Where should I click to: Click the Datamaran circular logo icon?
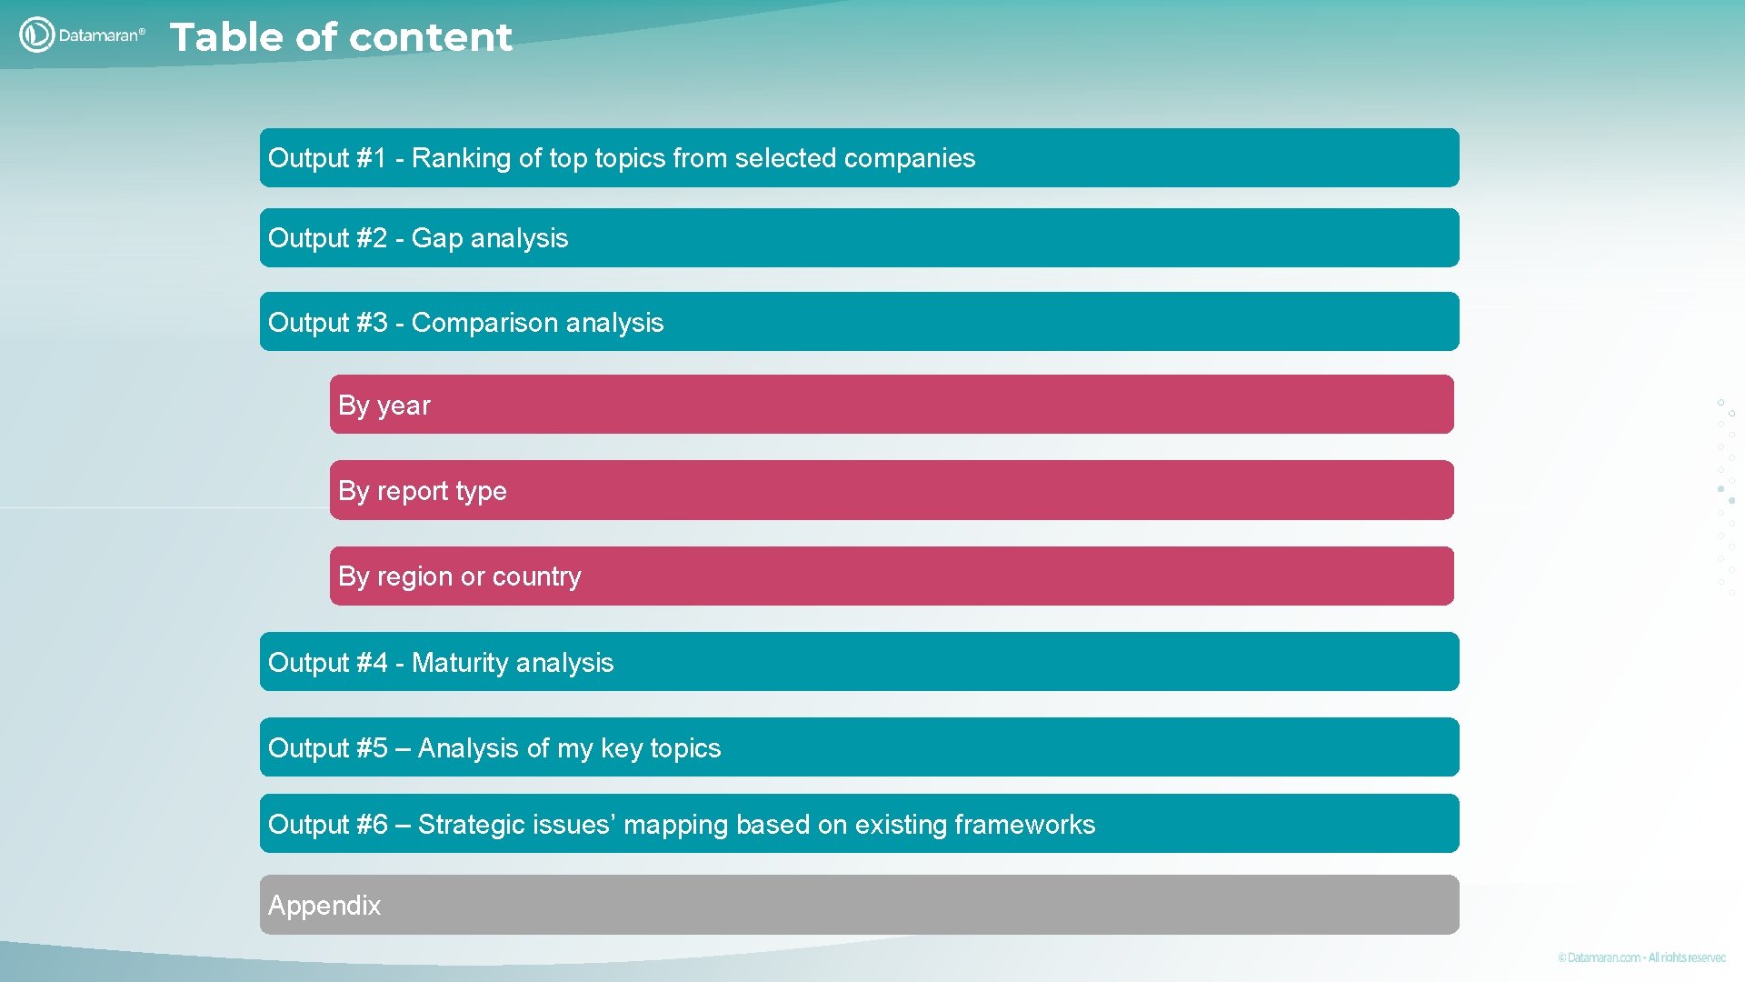(36, 35)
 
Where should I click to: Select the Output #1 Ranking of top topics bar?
(859, 157)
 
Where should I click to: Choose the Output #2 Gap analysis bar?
(859, 237)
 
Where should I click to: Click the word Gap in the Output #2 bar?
(437, 238)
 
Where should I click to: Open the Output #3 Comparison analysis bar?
(859, 321)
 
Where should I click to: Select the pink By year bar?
(891, 404)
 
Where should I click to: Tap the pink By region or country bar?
(891, 576)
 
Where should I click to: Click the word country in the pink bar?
(536, 576)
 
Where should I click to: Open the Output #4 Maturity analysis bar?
(859, 661)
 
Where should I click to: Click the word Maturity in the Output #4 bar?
(460, 663)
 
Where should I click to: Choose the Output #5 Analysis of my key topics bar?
(859, 747)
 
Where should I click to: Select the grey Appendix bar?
(859, 904)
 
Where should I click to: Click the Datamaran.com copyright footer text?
(1640, 957)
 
